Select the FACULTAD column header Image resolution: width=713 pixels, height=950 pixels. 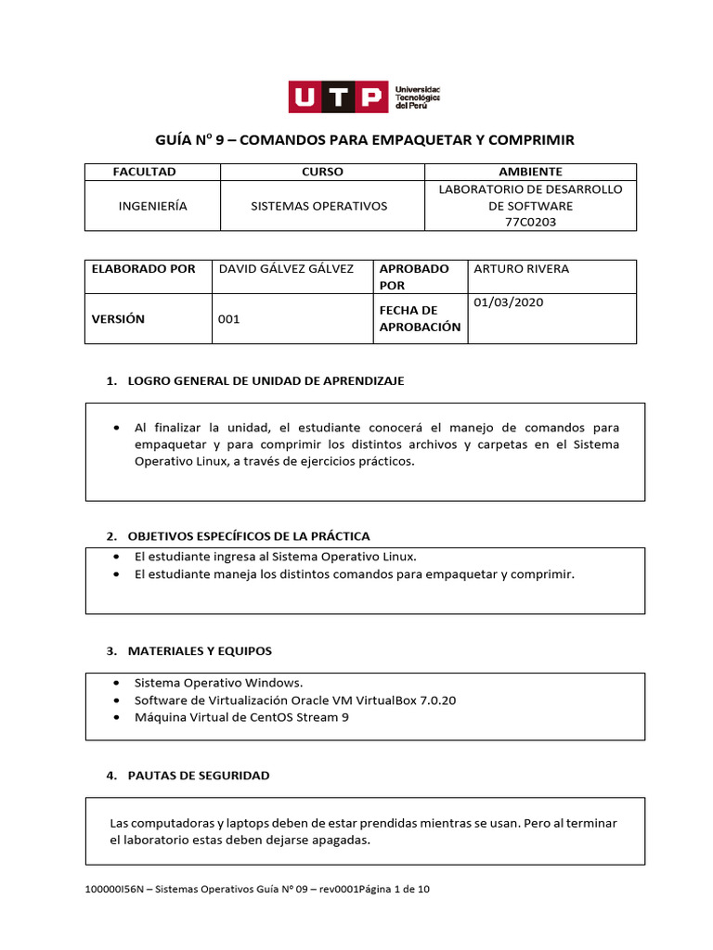pyautogui.click(x=144, y=172)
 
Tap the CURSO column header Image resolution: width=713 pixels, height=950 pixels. pyautogui.click(x=322, y=172)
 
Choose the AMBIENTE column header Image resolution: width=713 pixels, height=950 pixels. pyautogui.click(x=530, y=172)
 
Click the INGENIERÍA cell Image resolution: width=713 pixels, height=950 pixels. pyautogui.click(x=152, y=206)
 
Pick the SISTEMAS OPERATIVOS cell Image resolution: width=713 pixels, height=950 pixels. pyautogui.click(x=319, y=206)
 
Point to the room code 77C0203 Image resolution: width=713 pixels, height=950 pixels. pyautogui.click(x=530, y=222)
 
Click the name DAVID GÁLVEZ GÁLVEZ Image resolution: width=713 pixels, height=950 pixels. pyautogui.click(x=285, y=269)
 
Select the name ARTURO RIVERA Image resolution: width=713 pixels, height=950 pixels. pyautogui.click(x=521, y=269)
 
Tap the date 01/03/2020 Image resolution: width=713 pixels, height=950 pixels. pyautogui.click(x=508, y=302)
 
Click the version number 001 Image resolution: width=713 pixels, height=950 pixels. pyautogui.click(x=228, y=319)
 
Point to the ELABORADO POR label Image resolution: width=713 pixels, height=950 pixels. pyautogui.click(x=143, y=269)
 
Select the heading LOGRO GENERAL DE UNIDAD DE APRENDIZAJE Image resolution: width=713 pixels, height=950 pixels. pyautogui.click(x=266, y=381)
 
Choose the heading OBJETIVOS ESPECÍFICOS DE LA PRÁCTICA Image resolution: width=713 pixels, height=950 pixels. pyautogui.click(x=248, y=536)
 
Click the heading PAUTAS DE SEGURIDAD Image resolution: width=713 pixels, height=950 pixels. pyautogui.click(x=198, y=775)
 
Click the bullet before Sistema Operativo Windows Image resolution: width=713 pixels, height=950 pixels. pyautogui.click(x=115, y=682)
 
